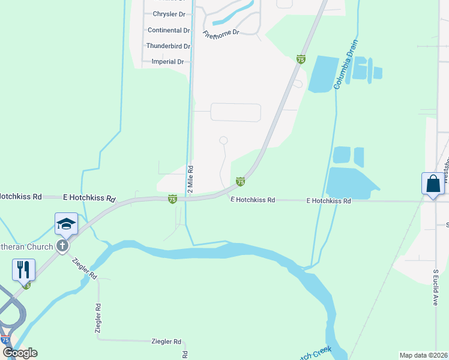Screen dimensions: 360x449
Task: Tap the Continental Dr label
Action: click(169, 30)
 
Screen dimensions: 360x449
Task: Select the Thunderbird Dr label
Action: click(168, 46)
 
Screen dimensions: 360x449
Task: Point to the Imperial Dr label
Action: click(167, 61)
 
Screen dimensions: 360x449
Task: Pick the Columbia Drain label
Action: click(346, 65)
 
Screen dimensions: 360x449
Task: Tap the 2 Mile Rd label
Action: click(190, 179)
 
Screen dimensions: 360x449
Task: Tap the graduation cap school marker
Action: click(66, 224)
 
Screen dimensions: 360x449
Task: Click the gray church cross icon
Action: click(62, 245)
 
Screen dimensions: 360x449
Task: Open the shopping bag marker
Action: click(433, 184)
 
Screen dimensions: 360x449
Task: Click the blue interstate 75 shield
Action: click(5, 340)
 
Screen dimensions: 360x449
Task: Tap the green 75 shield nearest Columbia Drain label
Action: click(301, 59)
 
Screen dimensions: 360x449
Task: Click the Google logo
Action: click(20, 353)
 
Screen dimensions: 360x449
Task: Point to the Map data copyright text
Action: click(423, 355)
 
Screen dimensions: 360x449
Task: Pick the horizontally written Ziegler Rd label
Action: click(164, 341)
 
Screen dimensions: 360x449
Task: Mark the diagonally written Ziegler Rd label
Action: click(85, 268)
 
